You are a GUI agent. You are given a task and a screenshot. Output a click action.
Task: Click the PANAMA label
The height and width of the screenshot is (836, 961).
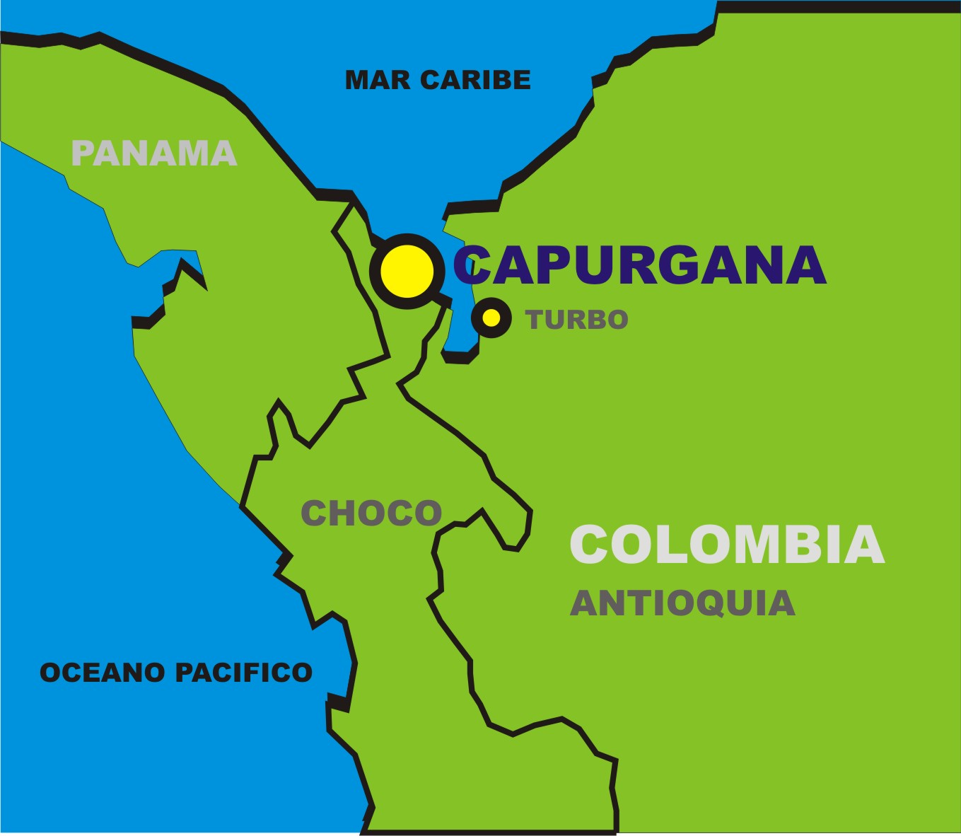click(154, 153)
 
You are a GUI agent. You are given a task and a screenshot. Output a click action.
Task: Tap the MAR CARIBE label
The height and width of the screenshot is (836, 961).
click(438, 80)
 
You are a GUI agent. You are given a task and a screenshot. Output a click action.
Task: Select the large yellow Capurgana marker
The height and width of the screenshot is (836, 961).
click(407, 271)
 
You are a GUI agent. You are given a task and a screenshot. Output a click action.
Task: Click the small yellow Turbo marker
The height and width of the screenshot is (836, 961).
click(491, 318)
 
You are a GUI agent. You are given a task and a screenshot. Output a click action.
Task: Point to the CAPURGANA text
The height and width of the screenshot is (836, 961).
click(640, 265)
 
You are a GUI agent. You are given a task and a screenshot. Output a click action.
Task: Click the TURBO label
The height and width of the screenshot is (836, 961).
click(577, 320)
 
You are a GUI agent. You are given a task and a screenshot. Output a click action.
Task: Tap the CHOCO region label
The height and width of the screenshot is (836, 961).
click(371, 513)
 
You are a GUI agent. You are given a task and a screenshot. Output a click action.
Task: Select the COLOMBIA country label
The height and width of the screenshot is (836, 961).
click(727, 545)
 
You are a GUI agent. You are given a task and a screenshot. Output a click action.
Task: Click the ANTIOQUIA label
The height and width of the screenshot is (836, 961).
click(682, 603)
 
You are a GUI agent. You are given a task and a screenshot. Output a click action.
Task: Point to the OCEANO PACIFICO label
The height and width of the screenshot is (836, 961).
click(176, 672)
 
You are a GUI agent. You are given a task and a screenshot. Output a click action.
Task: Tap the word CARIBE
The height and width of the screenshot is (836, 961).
click(475, 80)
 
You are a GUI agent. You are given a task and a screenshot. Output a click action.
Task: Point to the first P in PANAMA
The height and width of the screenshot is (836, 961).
click(83, 153)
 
